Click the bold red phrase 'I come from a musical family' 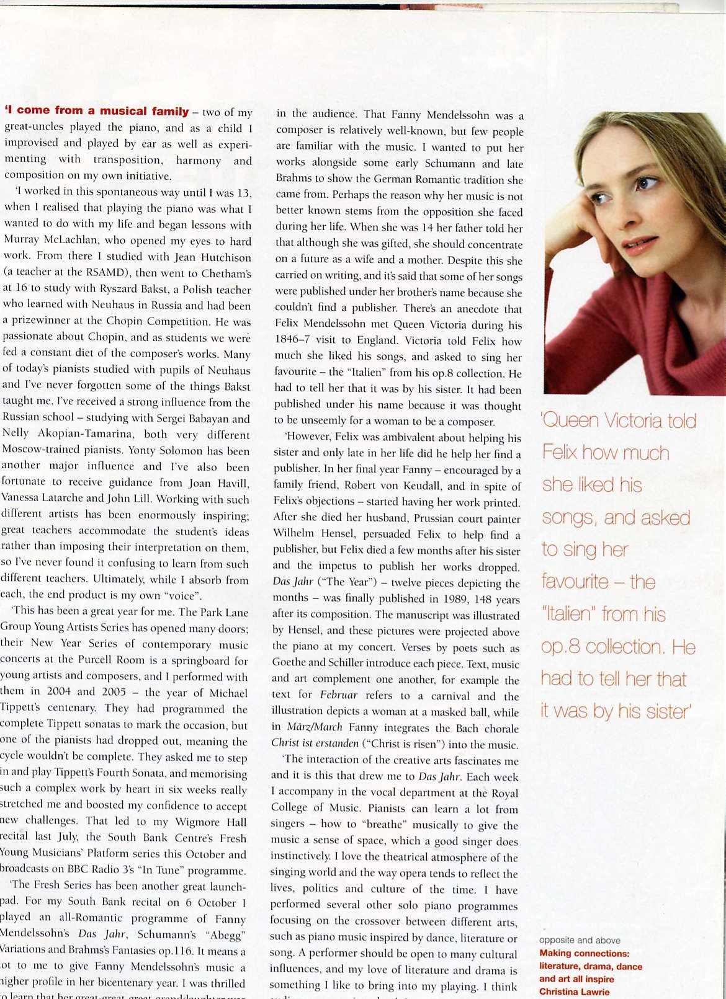click(97, 111)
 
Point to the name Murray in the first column click(22, 241)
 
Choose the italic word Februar click(338, 695)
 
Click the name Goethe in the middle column click(290, 662)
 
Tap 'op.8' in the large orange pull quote click(560, 647)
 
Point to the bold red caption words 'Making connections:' click(584, 953)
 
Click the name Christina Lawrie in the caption click(574, 992)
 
